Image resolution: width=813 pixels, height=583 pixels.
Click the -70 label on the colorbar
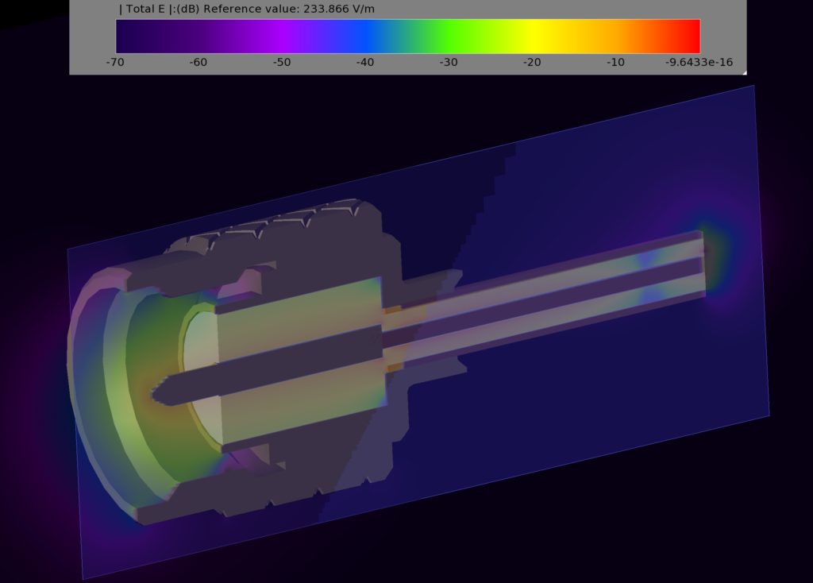[115, 62]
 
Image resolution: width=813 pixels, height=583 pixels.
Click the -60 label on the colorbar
[198, 62]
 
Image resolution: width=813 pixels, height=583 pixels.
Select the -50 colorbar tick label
[282, 62]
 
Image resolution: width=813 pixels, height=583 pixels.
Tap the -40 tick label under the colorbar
[365, 62]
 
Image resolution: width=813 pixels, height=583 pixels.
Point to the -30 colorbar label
[449, 62]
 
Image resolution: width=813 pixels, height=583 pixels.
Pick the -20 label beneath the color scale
[532, 62]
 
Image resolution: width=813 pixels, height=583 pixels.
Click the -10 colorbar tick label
[615, 62]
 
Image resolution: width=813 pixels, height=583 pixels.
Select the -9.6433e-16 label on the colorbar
[699, 62]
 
